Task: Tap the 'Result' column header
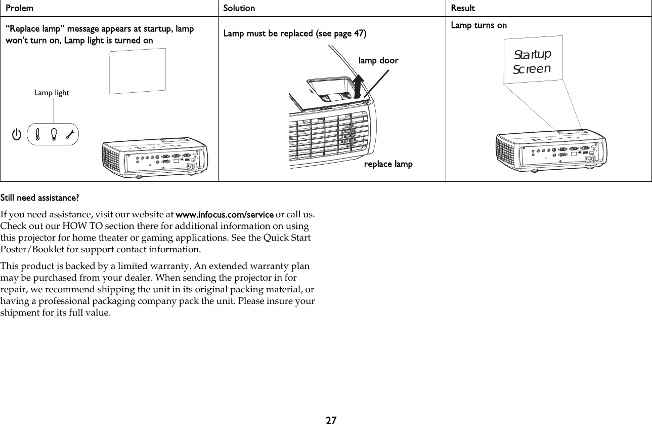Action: [463, 8]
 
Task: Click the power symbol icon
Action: [17, 134]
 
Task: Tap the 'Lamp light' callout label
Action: [52, 93]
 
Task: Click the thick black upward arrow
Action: [359, 85]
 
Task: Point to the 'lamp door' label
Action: [378, 61]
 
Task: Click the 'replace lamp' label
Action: [388, 164]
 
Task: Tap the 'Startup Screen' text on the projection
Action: [532, 61]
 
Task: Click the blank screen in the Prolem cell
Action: [138, 71]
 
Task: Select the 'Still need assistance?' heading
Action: [39, 197]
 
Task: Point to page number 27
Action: [331, 419]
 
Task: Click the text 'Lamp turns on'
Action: [479, 25]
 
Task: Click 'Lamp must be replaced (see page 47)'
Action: [295, 34]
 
